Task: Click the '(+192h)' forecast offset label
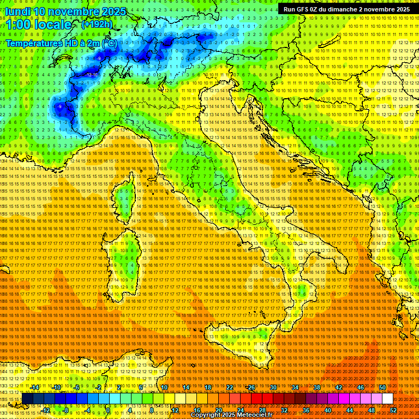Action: (97, 25)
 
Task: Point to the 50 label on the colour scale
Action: (382, 387)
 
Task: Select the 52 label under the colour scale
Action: (393, 410)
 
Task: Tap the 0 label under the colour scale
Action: (108, 410)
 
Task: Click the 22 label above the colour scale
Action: (230, 387)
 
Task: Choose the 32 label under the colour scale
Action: (284, 410)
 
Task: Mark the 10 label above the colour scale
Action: (164, 387)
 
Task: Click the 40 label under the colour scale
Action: (327, 410)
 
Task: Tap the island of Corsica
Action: (124, 197)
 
